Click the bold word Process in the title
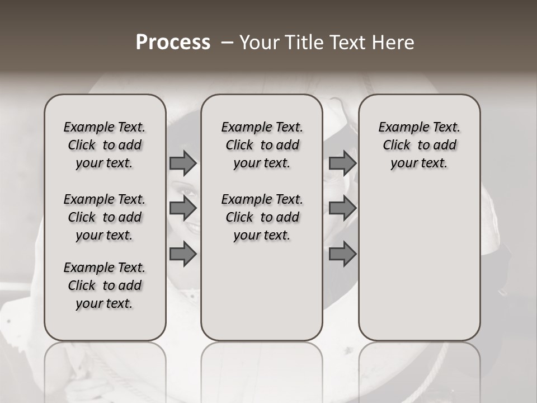pyautogui.click(x=173, y=43)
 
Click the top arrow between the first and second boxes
pyautogui.click(x=183, y=163)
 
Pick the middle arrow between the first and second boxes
pyautogui.click(x=183, y=208)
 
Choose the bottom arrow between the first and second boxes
pyautogui.click(x=183, y=254)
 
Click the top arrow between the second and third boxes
pyautogui.click(x=342, y=163)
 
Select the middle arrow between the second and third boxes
pyautogui.click(x=342, y=208)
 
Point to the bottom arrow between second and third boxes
pyautogui.click(x=342, y=254)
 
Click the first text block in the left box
pyautogui.click(x=105, y=145)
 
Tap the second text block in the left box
pyautogui.click(x=105, y=217)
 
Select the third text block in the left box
pyautogui.click(x=105, y=285)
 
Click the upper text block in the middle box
pyautogui.click(x=262, y=145)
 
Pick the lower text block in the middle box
pyautogui.click(x=262, y=217)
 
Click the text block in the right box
pyautogui.click(x=419, y=145)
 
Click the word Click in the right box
pyautogui.click(x=397, y=146)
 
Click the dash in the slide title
pyautogui.click(x=227, y=43)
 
